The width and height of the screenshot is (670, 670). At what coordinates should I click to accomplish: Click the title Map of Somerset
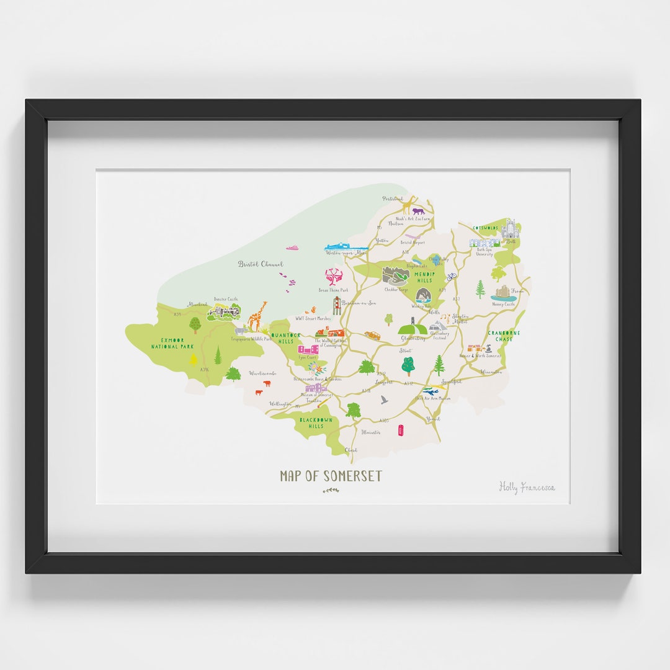[331, 476]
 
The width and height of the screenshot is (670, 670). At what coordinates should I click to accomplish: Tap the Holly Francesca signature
[527, 487]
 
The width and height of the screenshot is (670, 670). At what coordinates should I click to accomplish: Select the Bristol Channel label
[261, 264]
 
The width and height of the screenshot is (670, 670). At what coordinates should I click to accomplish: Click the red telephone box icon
[401, 429]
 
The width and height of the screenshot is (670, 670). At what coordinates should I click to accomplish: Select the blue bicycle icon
[452, 276]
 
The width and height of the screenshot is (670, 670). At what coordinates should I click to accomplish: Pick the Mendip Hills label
[425, 277]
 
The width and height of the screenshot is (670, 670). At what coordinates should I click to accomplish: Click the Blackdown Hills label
[316, 422]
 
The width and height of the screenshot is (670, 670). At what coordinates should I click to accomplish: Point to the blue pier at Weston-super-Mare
[345, 248]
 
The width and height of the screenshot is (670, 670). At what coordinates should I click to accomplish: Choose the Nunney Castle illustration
[504, 293]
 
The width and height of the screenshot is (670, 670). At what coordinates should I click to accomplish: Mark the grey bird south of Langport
[385, 400]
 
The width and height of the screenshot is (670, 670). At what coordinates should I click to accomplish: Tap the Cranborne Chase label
[504, 336]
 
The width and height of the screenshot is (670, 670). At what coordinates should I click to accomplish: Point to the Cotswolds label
[485, 228]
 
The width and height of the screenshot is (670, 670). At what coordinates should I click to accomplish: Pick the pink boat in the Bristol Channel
[292, 248]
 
